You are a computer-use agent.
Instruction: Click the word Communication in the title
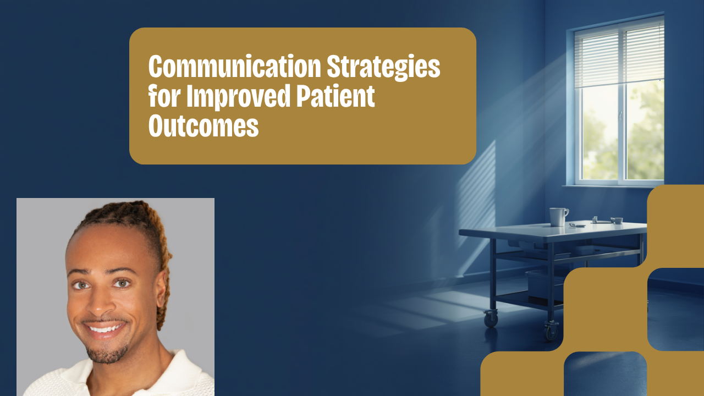(235, 66)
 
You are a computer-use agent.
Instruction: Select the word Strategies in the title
(383, 68)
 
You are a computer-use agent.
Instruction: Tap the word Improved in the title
(238, 97)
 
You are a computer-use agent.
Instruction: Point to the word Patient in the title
(335, 96)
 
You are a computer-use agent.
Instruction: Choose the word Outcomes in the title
(204, 126)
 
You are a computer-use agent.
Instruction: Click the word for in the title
(164, 96)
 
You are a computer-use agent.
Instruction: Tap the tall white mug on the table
(559, 217)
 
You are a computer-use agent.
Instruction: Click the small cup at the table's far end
(617, 221)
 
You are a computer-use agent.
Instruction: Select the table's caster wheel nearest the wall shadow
(491, 318)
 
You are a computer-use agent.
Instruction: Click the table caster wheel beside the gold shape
(551, 332)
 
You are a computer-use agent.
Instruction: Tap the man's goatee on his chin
(107, 355)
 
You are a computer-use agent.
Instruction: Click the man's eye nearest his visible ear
(122, 283)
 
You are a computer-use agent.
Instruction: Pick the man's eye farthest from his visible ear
(80, 285)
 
